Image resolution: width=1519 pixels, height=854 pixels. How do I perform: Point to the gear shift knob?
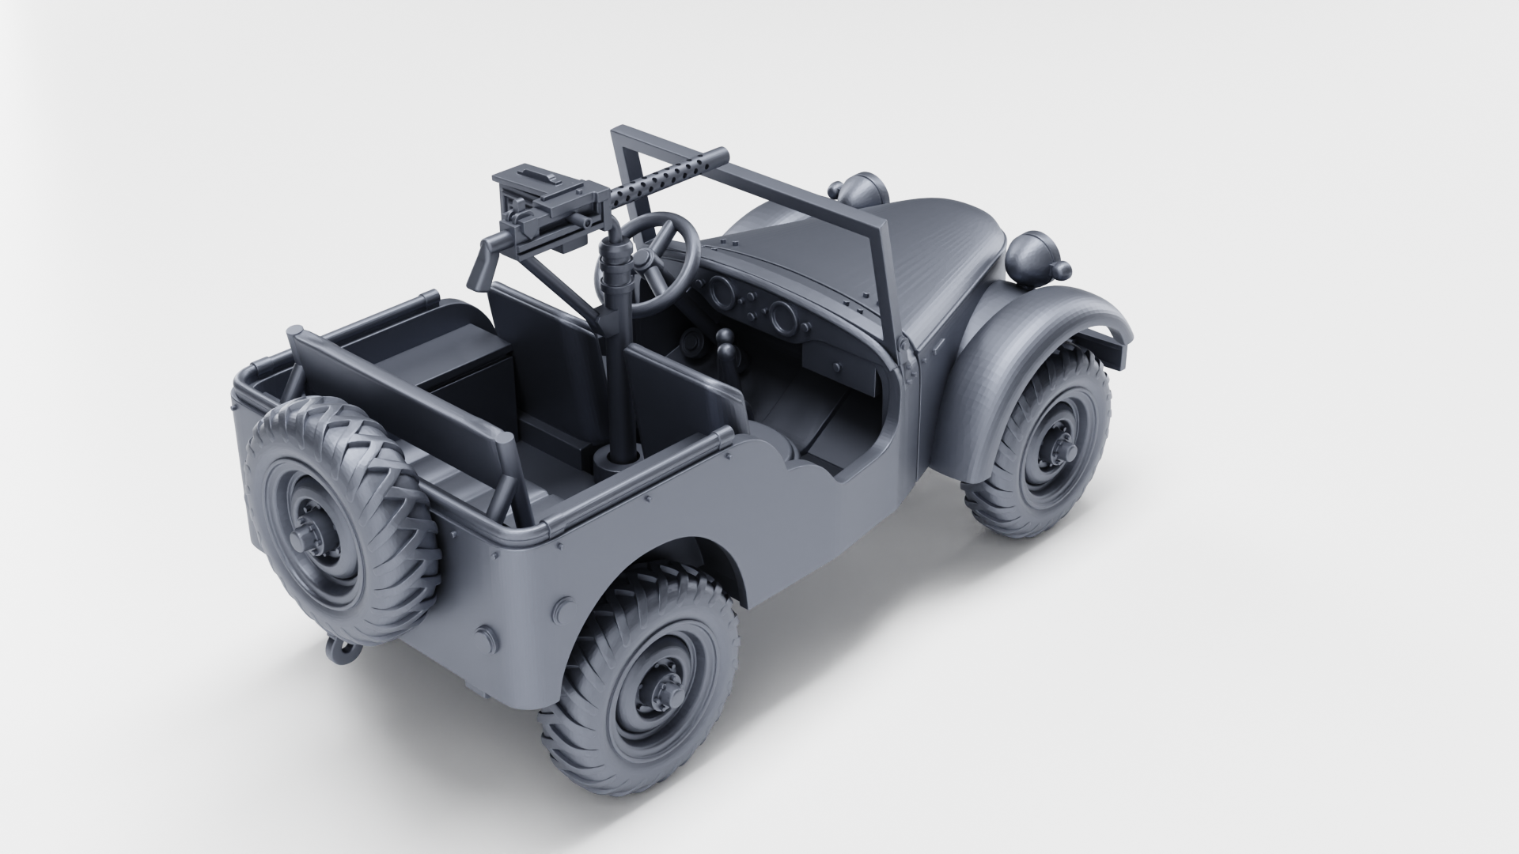click(725, 342)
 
